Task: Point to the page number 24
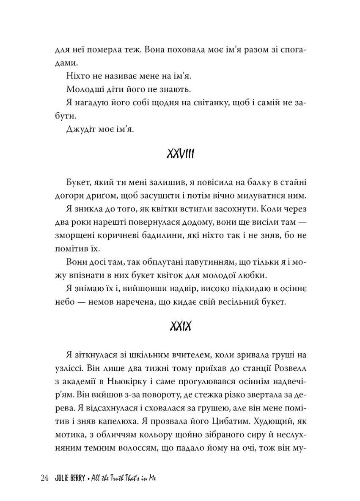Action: pos(45,479)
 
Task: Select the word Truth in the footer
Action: pos(117,479)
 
